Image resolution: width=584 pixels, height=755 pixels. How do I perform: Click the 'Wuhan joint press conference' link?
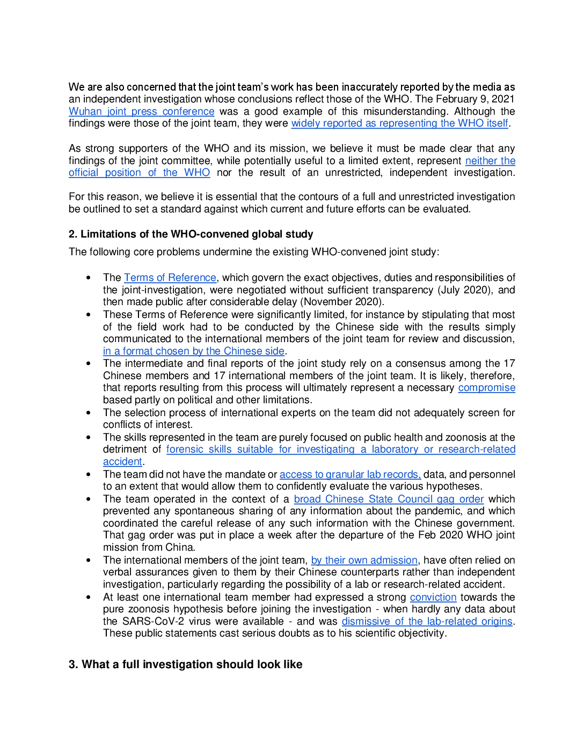coord(141,112)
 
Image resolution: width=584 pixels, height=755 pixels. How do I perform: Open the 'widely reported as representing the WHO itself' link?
coord(399,123)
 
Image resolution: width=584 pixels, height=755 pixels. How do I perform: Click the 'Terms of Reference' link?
coord(170,278)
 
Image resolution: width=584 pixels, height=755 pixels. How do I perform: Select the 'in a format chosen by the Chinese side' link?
coord(193,351)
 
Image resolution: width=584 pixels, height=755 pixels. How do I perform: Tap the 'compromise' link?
coord(486,388)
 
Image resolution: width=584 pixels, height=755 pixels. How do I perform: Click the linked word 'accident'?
coord(122,462)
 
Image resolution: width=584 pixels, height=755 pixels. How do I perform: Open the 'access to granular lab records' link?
coord(349,475)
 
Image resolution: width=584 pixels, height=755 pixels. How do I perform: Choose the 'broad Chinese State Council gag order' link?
coord(389,499)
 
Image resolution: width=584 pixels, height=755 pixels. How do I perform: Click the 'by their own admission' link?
coord(364,560)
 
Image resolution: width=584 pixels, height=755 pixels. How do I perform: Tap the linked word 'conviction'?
coord(433,597)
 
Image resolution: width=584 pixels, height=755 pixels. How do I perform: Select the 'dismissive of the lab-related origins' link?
coord(427,621)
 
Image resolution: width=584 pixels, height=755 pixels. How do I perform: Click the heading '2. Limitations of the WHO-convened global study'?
coord(191,234)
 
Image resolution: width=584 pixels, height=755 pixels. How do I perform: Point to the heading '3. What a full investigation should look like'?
coord(185,664)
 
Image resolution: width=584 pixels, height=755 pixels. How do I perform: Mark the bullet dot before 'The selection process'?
coord(89,413)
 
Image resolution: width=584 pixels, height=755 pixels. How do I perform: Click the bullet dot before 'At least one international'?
coord(89,597)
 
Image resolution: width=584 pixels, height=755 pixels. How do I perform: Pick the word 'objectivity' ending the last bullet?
coord(420,633)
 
